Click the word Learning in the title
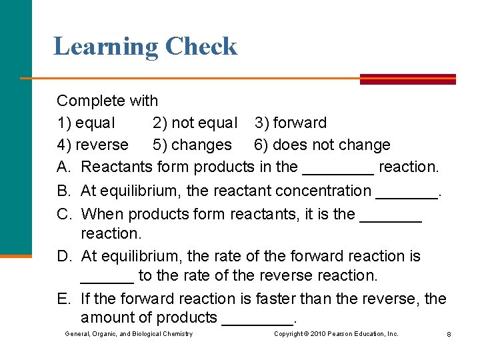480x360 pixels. pyautogui.click(x=105, y=47)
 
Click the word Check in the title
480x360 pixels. pyautogui.click(x=201, y=47)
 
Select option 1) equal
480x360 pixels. pyautogui.click(x=86, y=123)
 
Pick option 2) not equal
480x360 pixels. pyautogui.click(x=195, y=123)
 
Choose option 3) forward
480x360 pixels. pyautogui.click(x=291, y=123)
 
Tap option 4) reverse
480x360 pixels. pyautogui.click(x=93, y=145)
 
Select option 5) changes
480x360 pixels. pyautogui.click(x=192, y=145)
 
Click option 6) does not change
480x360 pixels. pyautogui.click(x=322, y=145)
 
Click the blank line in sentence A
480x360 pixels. pyautogui.click(x=338, y=171)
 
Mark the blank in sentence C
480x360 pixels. pyautogui.click(x=391, y=219)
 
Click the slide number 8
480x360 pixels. pyautogui.click(x=449, y=334)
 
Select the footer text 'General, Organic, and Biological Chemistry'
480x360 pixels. pyautogui.click(x=129, y=334)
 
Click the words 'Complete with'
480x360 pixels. pyautogui.click(x=107, y=101)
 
